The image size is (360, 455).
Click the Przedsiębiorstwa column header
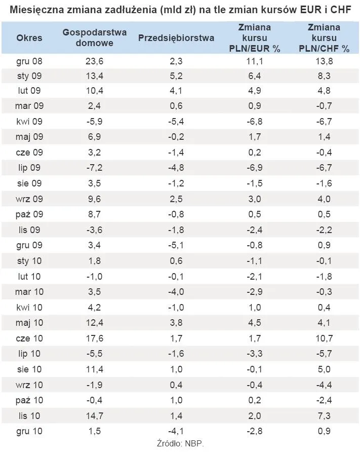point(176,38)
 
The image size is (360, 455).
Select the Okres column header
point(29,37)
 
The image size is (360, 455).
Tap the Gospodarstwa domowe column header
point(95,37)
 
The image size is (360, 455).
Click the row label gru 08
point(29,61)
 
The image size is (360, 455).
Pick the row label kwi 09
point(29,121)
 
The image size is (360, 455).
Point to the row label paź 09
point(29,214)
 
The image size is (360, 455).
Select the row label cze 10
point(29,338)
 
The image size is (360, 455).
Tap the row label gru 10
point(29,431)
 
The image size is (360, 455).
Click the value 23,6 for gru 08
point(95,61)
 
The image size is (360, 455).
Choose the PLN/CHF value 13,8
point(324,61)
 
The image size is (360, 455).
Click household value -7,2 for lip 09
point(95,168)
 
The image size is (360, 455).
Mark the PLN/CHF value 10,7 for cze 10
point(324,338)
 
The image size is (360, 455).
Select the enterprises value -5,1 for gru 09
point(176,245)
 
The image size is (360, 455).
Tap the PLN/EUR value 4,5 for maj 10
point(255,323)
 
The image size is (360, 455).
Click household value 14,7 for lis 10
point(95,416)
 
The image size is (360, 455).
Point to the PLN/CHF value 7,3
point(324,416)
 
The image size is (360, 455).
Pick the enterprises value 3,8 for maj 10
point(176,323)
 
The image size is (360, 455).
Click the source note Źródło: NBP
point(180,443)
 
